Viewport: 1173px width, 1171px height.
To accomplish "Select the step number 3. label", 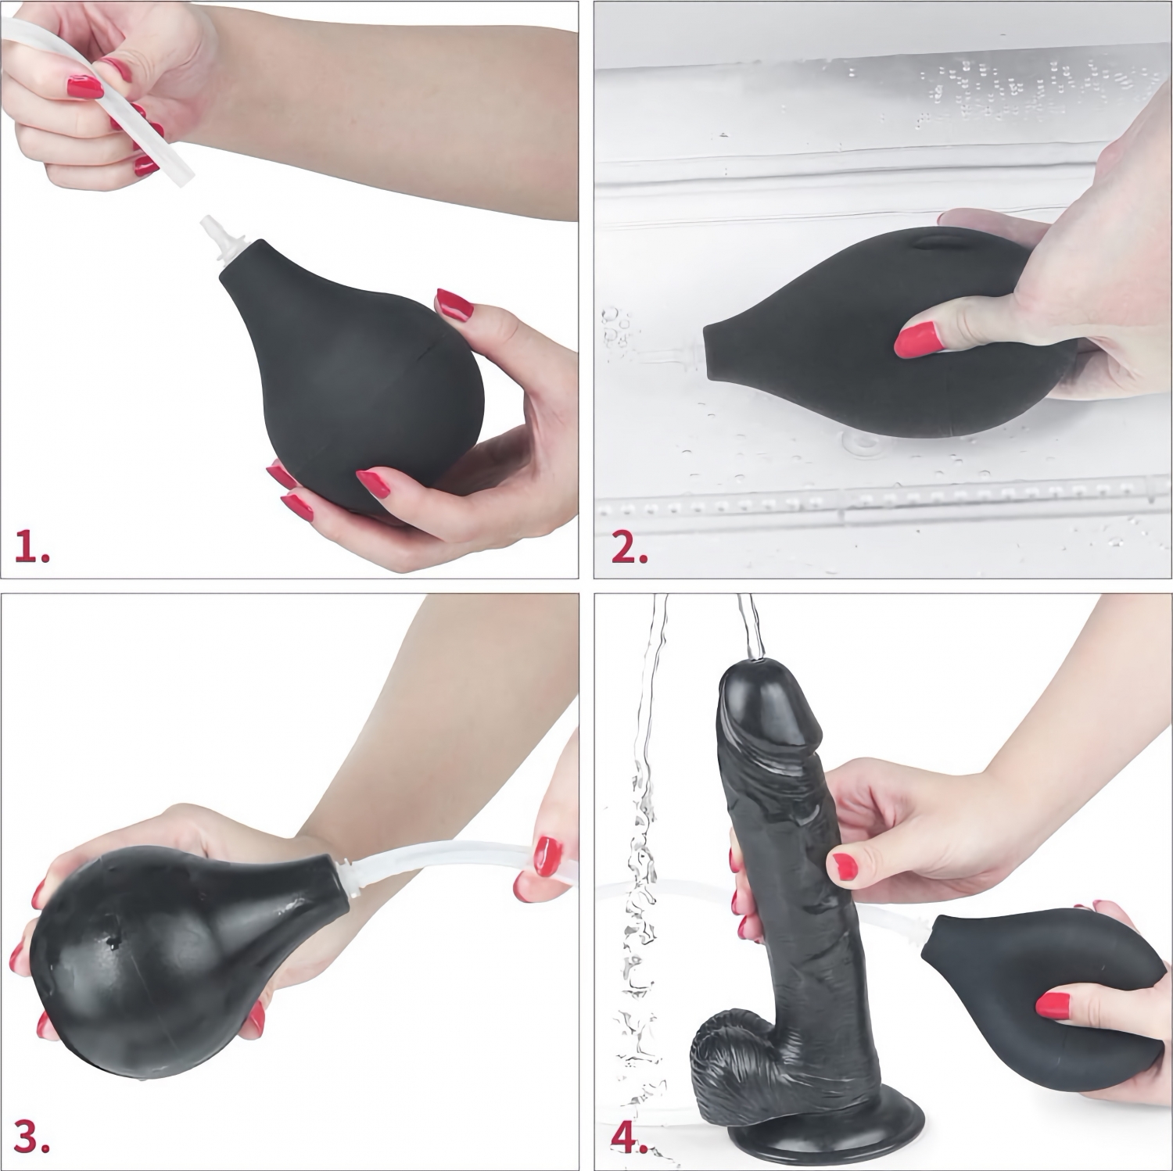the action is click(33, 1138).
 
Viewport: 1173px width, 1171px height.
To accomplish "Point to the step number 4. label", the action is click(630, 1138).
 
